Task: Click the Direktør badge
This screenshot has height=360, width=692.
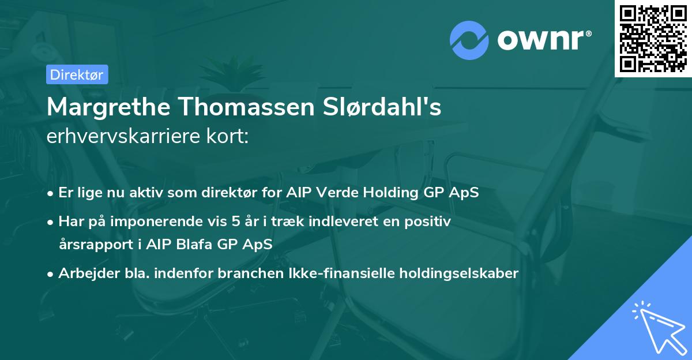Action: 77,74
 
